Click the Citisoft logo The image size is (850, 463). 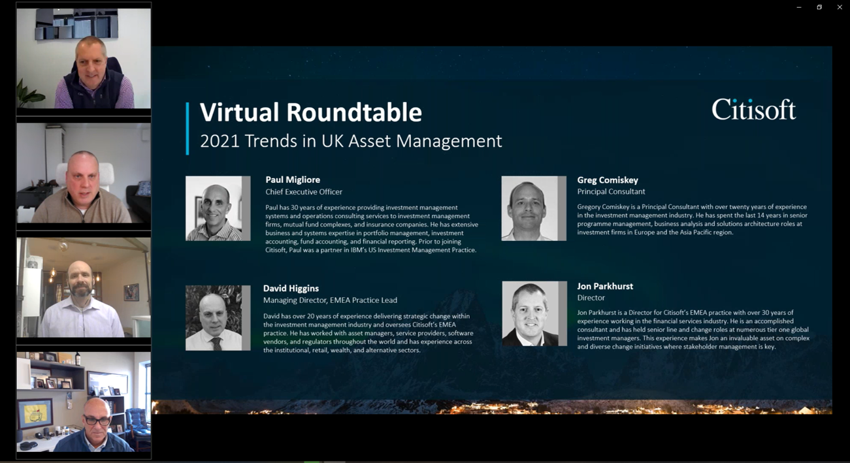pos(753,110)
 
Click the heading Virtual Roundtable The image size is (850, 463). pos(311,112)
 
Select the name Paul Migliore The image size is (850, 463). pos(293,180)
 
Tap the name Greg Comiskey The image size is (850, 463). pos(608,180)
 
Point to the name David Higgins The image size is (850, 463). pos(291,288)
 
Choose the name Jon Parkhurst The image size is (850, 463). pos(605,286)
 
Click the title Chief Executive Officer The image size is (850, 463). pos(304,192)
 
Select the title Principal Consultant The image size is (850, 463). pos(611,191)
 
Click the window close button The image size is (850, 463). pos(840,7)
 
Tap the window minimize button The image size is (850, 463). pos(799,7)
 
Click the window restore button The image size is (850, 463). pos(819,7)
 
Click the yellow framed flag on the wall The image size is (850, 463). pos(36,414)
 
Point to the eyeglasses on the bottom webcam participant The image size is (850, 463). pos(97,420)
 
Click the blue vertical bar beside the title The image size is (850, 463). pos(188,129)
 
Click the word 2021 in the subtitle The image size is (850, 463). pos(220,141)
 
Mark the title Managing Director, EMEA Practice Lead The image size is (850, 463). pos(330,300)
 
